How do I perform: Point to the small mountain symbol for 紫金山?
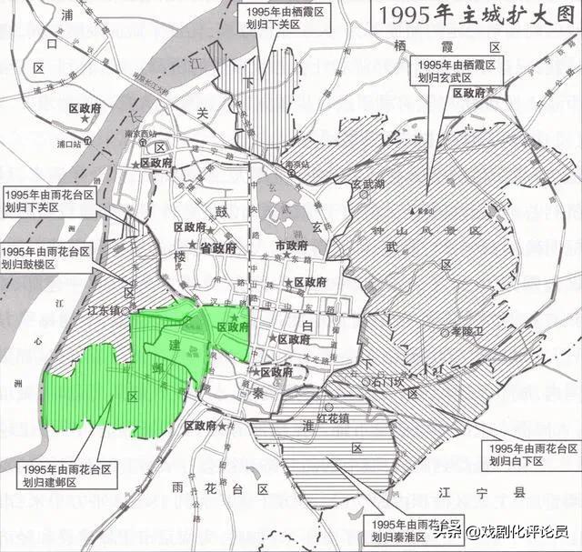(x=414, y=211)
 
